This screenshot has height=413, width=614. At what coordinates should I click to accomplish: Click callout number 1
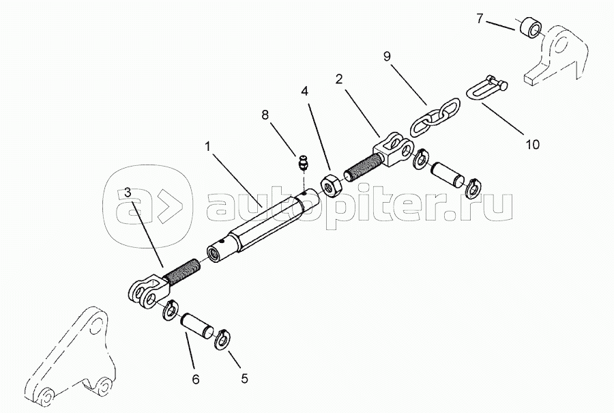click(208, 147)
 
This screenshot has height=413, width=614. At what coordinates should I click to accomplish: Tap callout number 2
click(338, 80)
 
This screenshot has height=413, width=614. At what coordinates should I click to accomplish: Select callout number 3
click(128, 193)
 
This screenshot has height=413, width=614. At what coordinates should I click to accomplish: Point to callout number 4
click(304, 91)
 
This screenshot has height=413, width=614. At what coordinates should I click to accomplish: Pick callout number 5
click(244, 378)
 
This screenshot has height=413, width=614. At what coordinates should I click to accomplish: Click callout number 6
click(196, 380)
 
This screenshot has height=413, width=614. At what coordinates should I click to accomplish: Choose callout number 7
click(480, 18)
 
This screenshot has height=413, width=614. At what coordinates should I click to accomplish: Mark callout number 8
click(265, 115)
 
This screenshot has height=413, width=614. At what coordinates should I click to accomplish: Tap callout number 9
click(387, 57)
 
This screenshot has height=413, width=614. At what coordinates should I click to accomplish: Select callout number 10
click(532, 144)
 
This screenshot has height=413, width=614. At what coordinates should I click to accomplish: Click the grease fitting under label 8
click(303, 162)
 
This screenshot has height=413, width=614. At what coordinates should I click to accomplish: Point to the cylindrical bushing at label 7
click(531, 28)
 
